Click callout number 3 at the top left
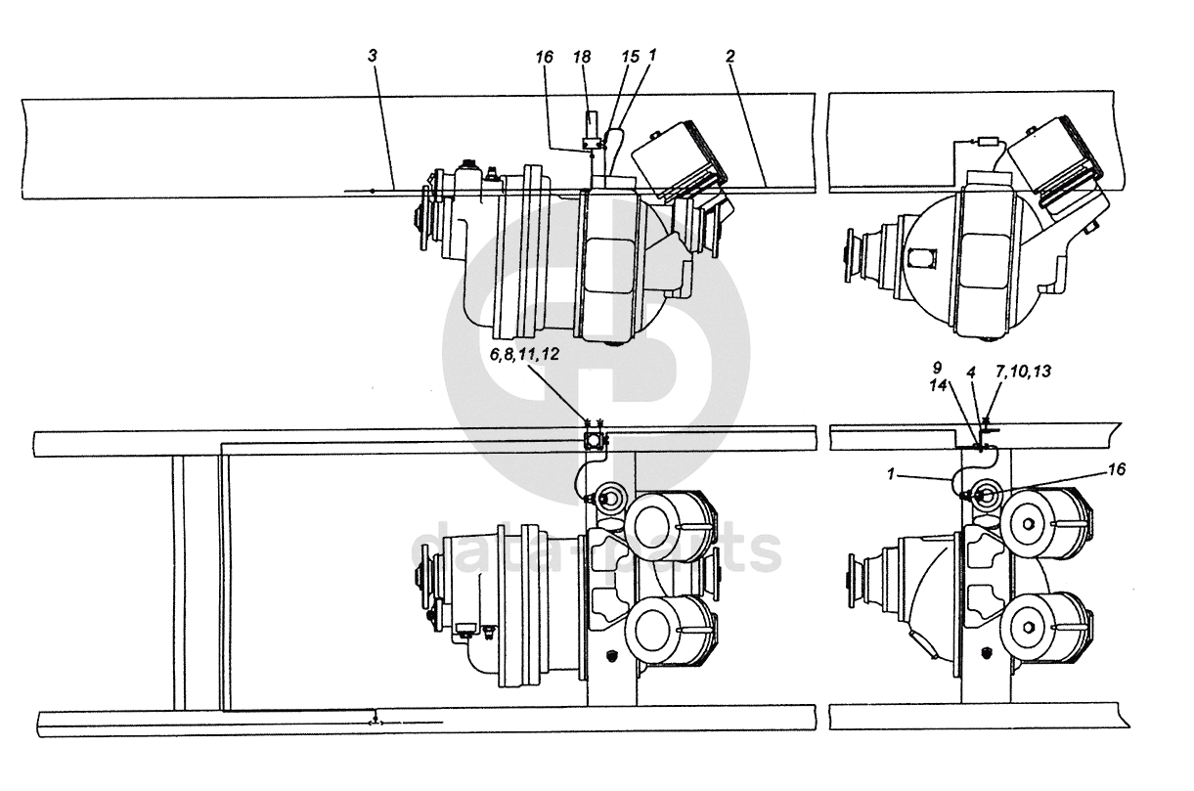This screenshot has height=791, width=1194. (x=373, y=56)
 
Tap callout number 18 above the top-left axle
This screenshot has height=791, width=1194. (x=582, y=57)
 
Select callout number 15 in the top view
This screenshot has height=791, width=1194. (x=630, y=57)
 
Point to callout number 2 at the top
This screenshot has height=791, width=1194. (x=730, y=56)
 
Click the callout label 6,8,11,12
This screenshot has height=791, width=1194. (x=525, y=354)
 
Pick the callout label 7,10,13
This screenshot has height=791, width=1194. (x=1023, y=371)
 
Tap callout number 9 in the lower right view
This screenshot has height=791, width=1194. (x=937, y=367)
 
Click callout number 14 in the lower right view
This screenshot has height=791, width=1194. (x=938, y=385)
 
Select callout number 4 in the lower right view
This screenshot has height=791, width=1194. (x=971, y=373)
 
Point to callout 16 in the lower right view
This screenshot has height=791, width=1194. (x=1116, y=469)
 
